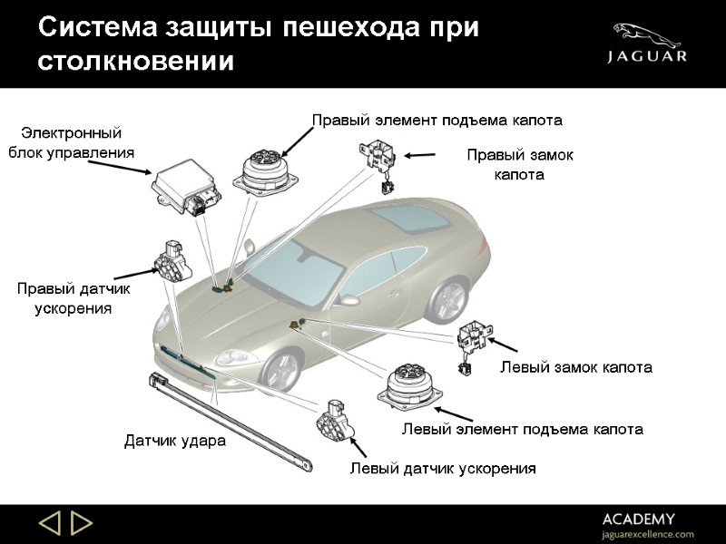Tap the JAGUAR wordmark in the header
pos(646,56)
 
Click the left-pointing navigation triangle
pos(49,523)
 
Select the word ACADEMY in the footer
pos(638,519)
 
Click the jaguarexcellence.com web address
pos(646,534)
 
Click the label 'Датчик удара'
pos(174,442)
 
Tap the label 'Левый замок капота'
pos(576,367)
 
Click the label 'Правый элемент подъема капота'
pos(437,120)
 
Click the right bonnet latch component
pos(378,161)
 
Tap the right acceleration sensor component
pos(172,262)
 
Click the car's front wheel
pos(280,369)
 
